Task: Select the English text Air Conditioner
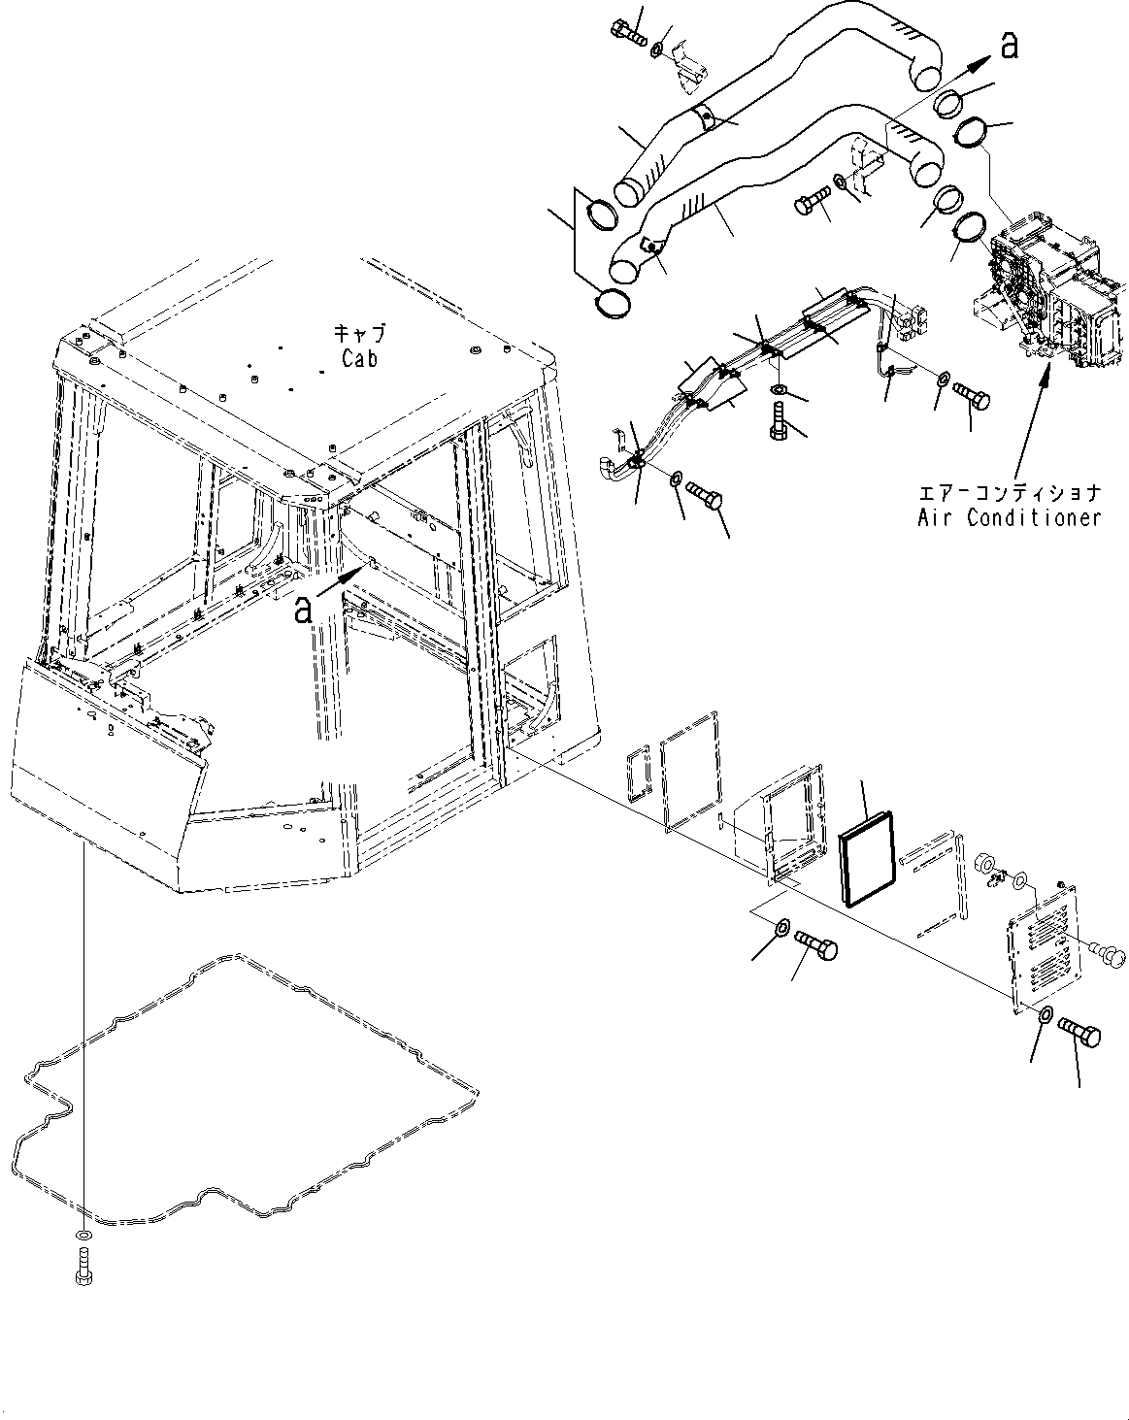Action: pos(1010,517)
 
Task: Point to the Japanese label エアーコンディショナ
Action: pos(1010,493)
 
